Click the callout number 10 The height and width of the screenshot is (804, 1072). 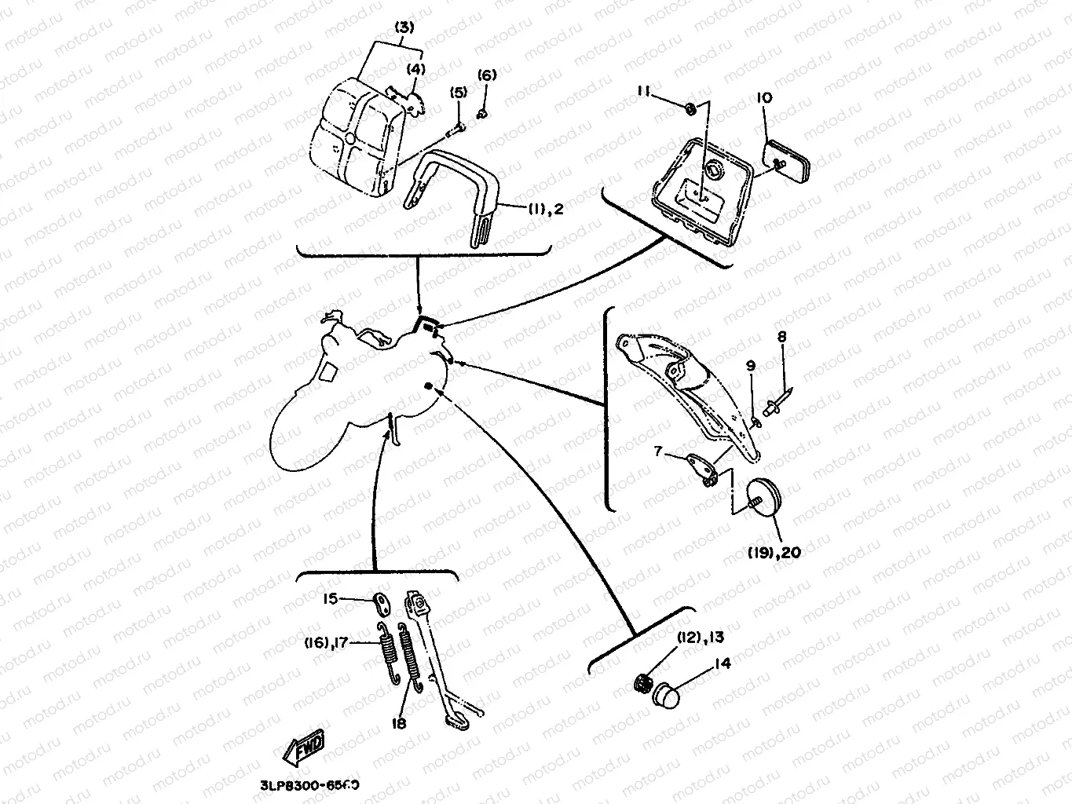[764, 98]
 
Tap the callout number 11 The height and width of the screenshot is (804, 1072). [644, 92]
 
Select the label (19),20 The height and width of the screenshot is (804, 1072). [774, 553]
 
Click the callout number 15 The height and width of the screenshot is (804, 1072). [331, 599]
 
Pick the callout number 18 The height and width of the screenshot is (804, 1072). [399, 723]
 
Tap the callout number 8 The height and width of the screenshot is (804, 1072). [781, 337]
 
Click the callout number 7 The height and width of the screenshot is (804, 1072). [659, 451]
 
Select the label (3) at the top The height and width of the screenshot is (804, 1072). [404, 27]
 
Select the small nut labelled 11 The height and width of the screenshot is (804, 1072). [689, 108]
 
